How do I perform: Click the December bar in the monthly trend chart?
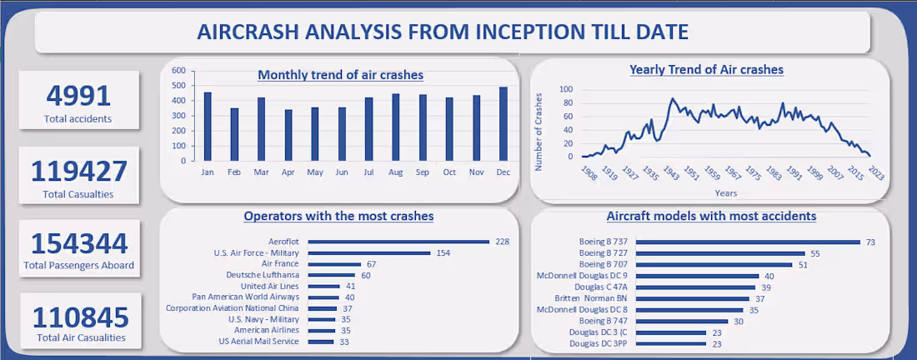pyautogui.click(x=503, y=124)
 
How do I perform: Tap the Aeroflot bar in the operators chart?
pyautogui.click(x=398, y=242)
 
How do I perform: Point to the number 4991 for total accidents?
pyautogui.click(x=78, y=97)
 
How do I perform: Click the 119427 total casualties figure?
pyautogui.click(x=79, y=172)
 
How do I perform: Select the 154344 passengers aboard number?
pyautogui.click(x=79, y=244)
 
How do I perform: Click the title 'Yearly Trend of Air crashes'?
pyautogui.click(x=706, y=70)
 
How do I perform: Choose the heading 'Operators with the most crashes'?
pyautogui.click(x=338, y=217)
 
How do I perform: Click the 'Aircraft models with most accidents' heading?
pyautogui.click(x=711, y=217)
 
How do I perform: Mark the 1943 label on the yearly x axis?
pyautogui.click(x=670, y=172)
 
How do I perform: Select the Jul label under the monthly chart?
pyautogui.click(x=369, y=172)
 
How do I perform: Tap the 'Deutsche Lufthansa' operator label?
pyautogui.click(x=264, y=275)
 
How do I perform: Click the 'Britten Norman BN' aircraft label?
pyautogui.click(x=591, y=298)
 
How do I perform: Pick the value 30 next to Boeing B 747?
pyautogui.click(x=738, y=320)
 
